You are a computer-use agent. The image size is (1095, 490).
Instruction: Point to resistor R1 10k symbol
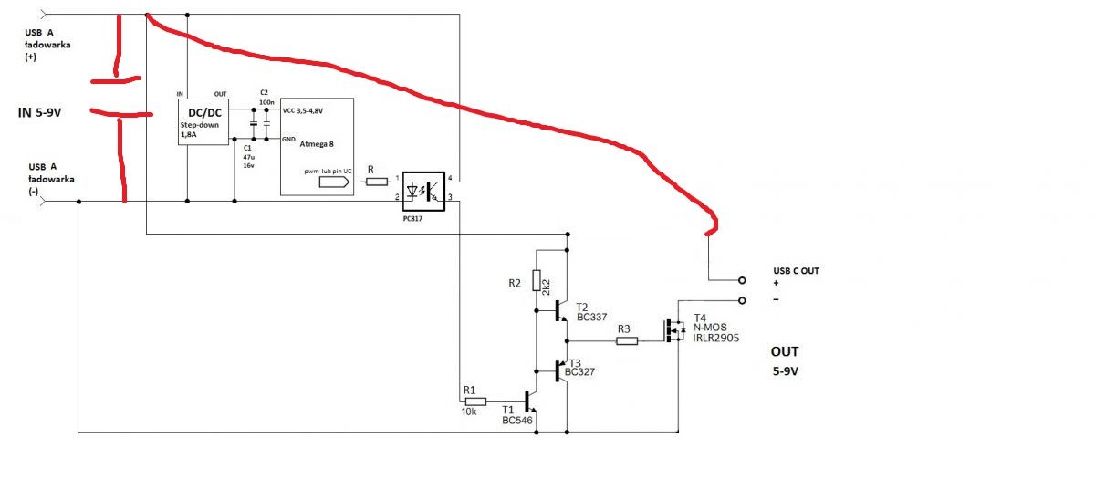[475, 401]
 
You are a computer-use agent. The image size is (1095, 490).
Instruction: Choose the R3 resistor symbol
[627, 341]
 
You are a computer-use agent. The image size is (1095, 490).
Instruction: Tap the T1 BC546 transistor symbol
[528, 401]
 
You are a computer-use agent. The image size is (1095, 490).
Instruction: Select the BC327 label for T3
[579, 372]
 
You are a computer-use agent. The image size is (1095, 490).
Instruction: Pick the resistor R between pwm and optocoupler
[378, 182]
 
